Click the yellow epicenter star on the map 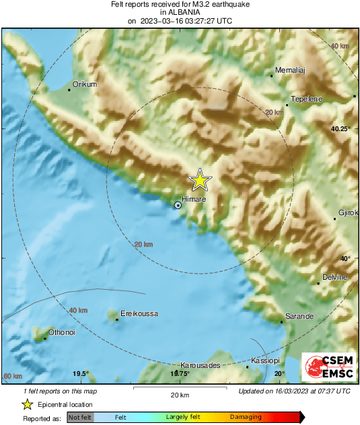click(x=200, y=180)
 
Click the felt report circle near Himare click(x=178, y=205)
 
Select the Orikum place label click(x=85, y=84)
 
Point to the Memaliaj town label click(x=291, y=71)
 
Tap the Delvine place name click(x=334, y=277)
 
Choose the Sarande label click(x=300, y=315)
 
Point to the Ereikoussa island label click(x=140, y=314)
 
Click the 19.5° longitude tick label click(x=81, y=374)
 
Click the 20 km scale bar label click(x=179, y=395)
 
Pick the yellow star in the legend click(x=27, y=404)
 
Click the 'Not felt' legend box click(x=80, y=418)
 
